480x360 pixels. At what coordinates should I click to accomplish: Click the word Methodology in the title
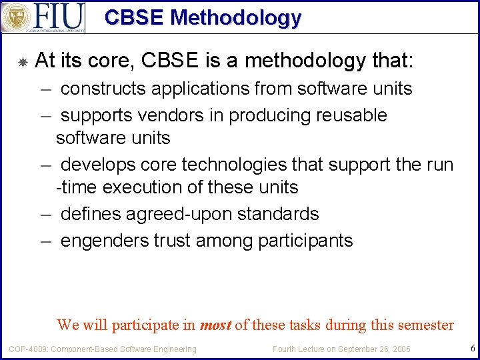[x=236, y=17]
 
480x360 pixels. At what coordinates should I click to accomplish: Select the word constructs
[x=99, y=89]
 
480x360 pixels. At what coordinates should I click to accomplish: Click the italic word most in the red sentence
[x=215, y=325]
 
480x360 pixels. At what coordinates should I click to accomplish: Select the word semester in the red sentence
[x=425, y=325]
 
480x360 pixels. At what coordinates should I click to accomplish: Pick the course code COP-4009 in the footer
[x=27, y=349]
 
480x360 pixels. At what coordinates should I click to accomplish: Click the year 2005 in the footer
[x=400, y=349]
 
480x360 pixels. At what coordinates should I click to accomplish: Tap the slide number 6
[x=472, y=348]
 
